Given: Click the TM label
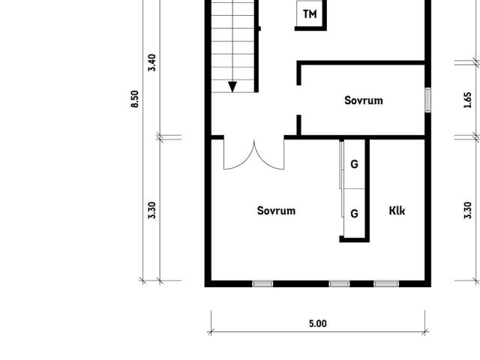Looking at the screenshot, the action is click(x=310, y=14).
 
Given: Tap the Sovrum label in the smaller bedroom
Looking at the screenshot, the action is click(x=363, y=100).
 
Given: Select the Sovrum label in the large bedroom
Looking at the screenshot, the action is click(x=276, y=211).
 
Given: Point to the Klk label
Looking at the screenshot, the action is click(x=397, y=211).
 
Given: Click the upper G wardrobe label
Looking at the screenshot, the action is click(x=354, y=164).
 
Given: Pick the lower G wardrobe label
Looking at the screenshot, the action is click(x=354, y=213).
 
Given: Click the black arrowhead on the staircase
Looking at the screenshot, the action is click(x=232, y=87).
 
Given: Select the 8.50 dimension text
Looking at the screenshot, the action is click(x=135, y=99).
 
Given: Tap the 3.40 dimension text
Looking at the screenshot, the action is click(x=151, y=62).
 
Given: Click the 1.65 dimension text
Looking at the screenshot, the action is click(x=468, y=100).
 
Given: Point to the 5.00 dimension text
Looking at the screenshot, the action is click(x=318, y=323).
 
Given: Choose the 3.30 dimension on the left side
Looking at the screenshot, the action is click(x=151, y=210).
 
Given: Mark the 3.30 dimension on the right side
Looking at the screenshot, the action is click(x=468, y=210).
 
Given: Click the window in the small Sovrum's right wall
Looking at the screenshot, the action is click(x=428, y=100).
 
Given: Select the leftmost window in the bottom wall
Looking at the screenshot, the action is click(x=262, y=283).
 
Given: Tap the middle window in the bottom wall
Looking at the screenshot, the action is click(x=340, y=283).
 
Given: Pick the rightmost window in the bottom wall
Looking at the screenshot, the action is click(x=386, y=283).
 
